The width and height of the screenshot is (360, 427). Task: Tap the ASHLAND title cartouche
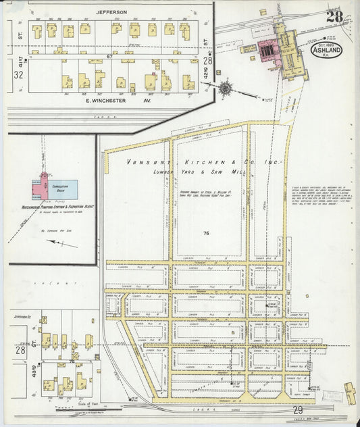(x=327, y=51)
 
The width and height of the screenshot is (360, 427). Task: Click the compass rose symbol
(x=225, y=87)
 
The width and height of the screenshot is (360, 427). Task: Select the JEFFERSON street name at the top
(x=111, y=11)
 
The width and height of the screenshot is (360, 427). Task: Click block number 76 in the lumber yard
(x=204, y=233)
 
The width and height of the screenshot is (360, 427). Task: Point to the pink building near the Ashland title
(x=266, y=49)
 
